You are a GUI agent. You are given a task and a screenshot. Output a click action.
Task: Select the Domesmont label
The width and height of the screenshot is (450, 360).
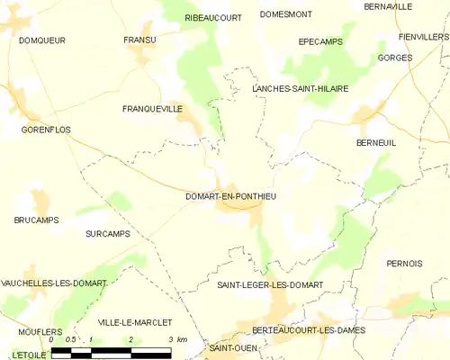point(286,14)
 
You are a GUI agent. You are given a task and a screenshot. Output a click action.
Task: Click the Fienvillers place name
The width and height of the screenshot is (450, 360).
point(424,37)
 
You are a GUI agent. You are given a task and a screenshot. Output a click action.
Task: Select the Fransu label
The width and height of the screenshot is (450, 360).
point(139,40)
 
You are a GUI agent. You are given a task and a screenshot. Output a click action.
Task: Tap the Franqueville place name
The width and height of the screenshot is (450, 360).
point(152,108)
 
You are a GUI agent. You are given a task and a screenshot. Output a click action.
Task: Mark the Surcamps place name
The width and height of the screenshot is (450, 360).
point(107,234)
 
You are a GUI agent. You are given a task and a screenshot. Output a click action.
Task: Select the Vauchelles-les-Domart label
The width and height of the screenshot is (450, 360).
point(54,283)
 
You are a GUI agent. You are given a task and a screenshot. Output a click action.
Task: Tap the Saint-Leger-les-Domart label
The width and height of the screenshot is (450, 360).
point(270,285)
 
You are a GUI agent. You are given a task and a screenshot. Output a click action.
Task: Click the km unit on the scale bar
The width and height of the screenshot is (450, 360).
point(182,339)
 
